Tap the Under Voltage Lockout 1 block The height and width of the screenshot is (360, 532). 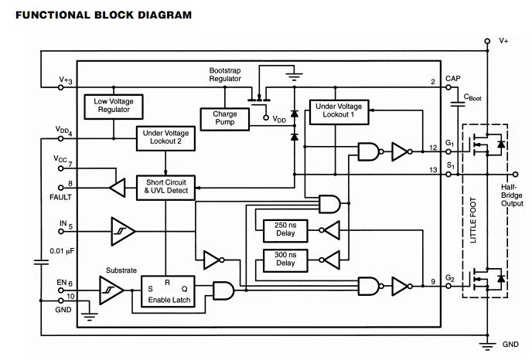tap(339, 111)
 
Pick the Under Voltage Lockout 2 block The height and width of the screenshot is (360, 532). tap(165, 138)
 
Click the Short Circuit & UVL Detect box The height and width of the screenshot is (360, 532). tap(165, 185)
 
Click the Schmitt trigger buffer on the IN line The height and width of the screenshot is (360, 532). tap(122, 230)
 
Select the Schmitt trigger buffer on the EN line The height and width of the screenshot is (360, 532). tap(111, 290)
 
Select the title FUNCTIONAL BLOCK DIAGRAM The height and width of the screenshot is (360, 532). tap(104, 14)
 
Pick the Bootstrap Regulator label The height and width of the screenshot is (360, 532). tap(225, 74)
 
